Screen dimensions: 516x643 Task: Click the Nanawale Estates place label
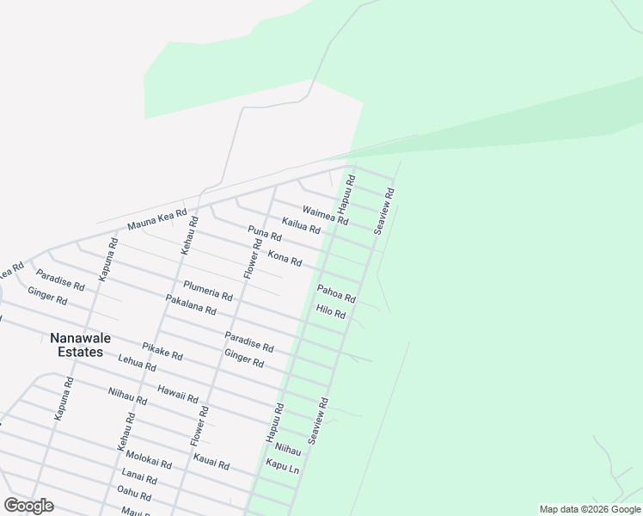pyautogui.click(x=76, y=345)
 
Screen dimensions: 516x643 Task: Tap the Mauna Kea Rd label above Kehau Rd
pyautogui.click(x=157, y=219)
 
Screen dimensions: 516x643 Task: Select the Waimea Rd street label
pyautogui.click(x=325, y=215)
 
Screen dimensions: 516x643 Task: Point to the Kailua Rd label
pyautogui.click(x=301, y=225)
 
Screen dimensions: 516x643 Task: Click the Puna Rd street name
pyautogui.click(x=265, y=233)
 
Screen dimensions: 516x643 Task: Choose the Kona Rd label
pyautogui.click(x=285, y=257)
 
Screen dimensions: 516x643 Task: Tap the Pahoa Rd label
pyautogui.click(x=336, y=293)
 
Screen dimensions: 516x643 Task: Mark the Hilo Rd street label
pyautogui.click(x=330, y=312)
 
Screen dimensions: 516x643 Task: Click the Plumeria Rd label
pyautogui.click(x=208, y=291)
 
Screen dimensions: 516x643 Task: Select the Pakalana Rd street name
pyautogui.click(x=190, y=304)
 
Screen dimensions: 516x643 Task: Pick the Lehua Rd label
pyautogui.click(x=138, y=364)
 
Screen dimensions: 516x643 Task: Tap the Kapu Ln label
pyautogui.click(x=282, y=465)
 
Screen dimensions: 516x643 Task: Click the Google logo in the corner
pyautogui.click(x=29, y=506)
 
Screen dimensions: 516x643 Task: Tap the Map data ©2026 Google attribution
pyautogui.click(x=590, y=509)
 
